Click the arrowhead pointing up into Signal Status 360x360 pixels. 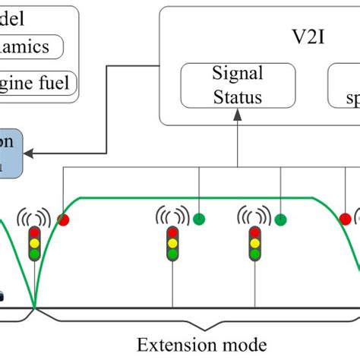point(238,113)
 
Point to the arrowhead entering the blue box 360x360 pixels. point(28,153)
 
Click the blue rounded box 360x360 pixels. point(11,152)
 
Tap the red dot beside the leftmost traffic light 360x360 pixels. point(63,220)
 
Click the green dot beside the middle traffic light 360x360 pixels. point(199,220)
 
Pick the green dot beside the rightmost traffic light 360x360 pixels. point(282,220)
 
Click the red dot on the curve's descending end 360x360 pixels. point(346,219)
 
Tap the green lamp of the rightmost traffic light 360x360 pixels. point(255,255)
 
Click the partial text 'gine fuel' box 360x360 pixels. point(38,82)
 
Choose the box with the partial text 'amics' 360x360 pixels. point(34,47)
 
